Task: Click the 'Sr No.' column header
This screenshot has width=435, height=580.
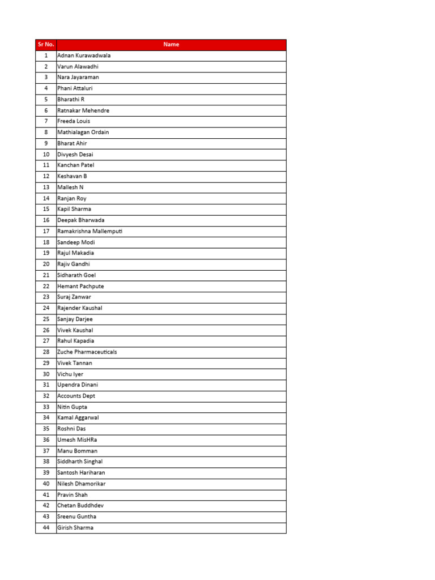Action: point(45,45)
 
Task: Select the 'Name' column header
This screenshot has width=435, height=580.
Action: point(171,45)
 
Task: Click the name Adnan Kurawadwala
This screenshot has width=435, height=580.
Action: point(84,56)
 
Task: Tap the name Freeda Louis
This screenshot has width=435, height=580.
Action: point(74,121)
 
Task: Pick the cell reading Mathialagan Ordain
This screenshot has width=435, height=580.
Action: point(83,132)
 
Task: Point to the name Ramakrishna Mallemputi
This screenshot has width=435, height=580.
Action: point(90,231)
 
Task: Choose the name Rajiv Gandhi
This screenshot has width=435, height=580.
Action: point(74,264)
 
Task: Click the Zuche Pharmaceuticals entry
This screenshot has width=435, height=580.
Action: point(87,352)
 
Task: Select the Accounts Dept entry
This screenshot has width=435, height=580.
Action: point(76,396)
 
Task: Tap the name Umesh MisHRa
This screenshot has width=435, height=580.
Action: point(76,440)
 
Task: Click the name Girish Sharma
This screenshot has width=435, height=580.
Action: point(75,528)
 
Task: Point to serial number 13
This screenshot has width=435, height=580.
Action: point(46,187)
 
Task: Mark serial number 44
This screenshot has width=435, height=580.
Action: point(46,528)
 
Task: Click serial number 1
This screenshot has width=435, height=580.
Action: point(46,56)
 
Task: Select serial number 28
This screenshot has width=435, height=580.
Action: point(46,352)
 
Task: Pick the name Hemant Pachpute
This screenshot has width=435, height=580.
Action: point(80,286)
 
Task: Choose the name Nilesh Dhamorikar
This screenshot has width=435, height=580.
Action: point(82,484)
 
